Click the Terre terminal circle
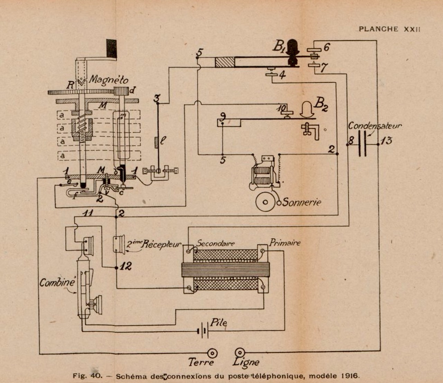(x=212, y=354)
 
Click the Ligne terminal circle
(x=239, y=353)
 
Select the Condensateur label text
(x=375, y=126)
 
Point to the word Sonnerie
(x=302, y=202)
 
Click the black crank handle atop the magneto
(x=111, y=48)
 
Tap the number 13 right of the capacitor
(x=386, y=141)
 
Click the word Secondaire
(x=215, y=243)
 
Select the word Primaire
(x=285, y=242)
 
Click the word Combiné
(x=57, y=283)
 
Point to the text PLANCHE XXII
(x=389, y=29)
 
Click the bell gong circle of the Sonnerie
(x=265, y=202)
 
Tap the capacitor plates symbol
(x=363, y=143)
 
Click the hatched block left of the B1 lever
(x=225, y=63)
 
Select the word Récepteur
(x=160, y=244)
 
